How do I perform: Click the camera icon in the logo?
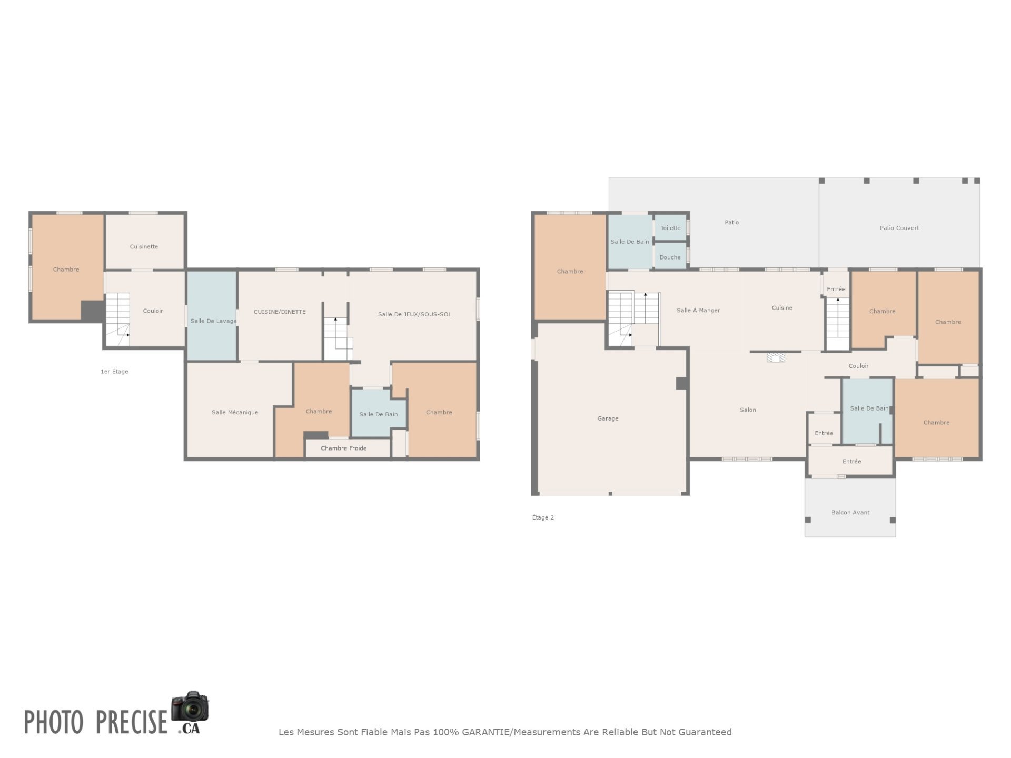coord(190,706)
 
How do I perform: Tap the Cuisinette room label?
coord(144,246)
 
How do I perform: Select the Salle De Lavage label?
coord(213,321)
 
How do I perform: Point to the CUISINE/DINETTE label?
coord(280,312)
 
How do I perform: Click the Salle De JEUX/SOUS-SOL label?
coord(414,314)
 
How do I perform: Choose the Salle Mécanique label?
coord(235,412)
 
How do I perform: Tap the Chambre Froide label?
coord(344,448)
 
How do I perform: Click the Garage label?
coord(608,418)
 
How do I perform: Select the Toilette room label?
coord(670,228)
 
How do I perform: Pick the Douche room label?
coord(670,257)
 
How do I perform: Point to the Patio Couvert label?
coord(899,228)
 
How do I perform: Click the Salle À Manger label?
coord(698,310)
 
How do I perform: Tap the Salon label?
coord(748,410)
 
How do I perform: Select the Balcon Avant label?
coord(850,512)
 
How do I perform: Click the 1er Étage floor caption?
coord(114,371)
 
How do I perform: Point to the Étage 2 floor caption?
coord(543,517)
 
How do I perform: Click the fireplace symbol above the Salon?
coord(776,357)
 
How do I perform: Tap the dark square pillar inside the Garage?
coord(681,383)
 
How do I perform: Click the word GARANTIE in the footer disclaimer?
coord(485,732)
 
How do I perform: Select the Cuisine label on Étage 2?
coord(782,308)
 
